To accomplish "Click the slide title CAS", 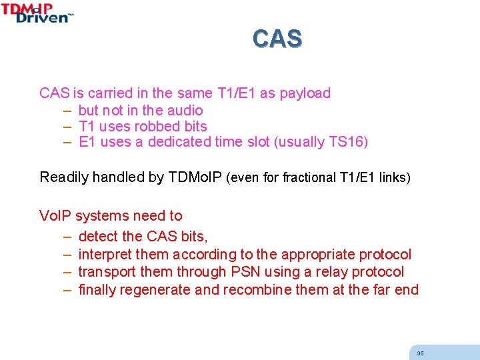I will tap(277, 39).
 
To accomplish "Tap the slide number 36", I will tap(420, 353).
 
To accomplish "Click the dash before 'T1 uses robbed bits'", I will tap(67, 127).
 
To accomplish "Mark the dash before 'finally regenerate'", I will tap(67, 290).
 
